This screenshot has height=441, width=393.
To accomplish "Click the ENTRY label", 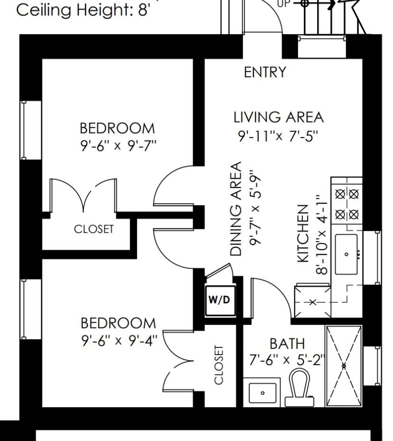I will point(265,72).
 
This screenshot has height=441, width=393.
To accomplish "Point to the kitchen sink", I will point(346,254).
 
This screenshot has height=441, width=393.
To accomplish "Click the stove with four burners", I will point(346,204).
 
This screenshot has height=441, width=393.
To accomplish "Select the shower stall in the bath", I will point(344,366).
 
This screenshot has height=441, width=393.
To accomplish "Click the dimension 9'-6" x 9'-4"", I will point(118,340).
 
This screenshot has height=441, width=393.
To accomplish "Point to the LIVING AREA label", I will point(278,117).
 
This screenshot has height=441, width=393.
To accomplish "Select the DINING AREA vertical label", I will point(236,209).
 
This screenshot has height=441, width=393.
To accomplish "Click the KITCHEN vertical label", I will point(303,233).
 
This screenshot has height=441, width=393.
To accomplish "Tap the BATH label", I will point(287,343).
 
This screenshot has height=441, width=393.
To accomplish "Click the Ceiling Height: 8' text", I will point(83,10).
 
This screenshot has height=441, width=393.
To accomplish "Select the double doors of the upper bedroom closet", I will point(84,196).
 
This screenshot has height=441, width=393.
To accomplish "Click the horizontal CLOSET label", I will point(94,229).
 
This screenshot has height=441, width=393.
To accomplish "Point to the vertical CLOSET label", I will point(218,365).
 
